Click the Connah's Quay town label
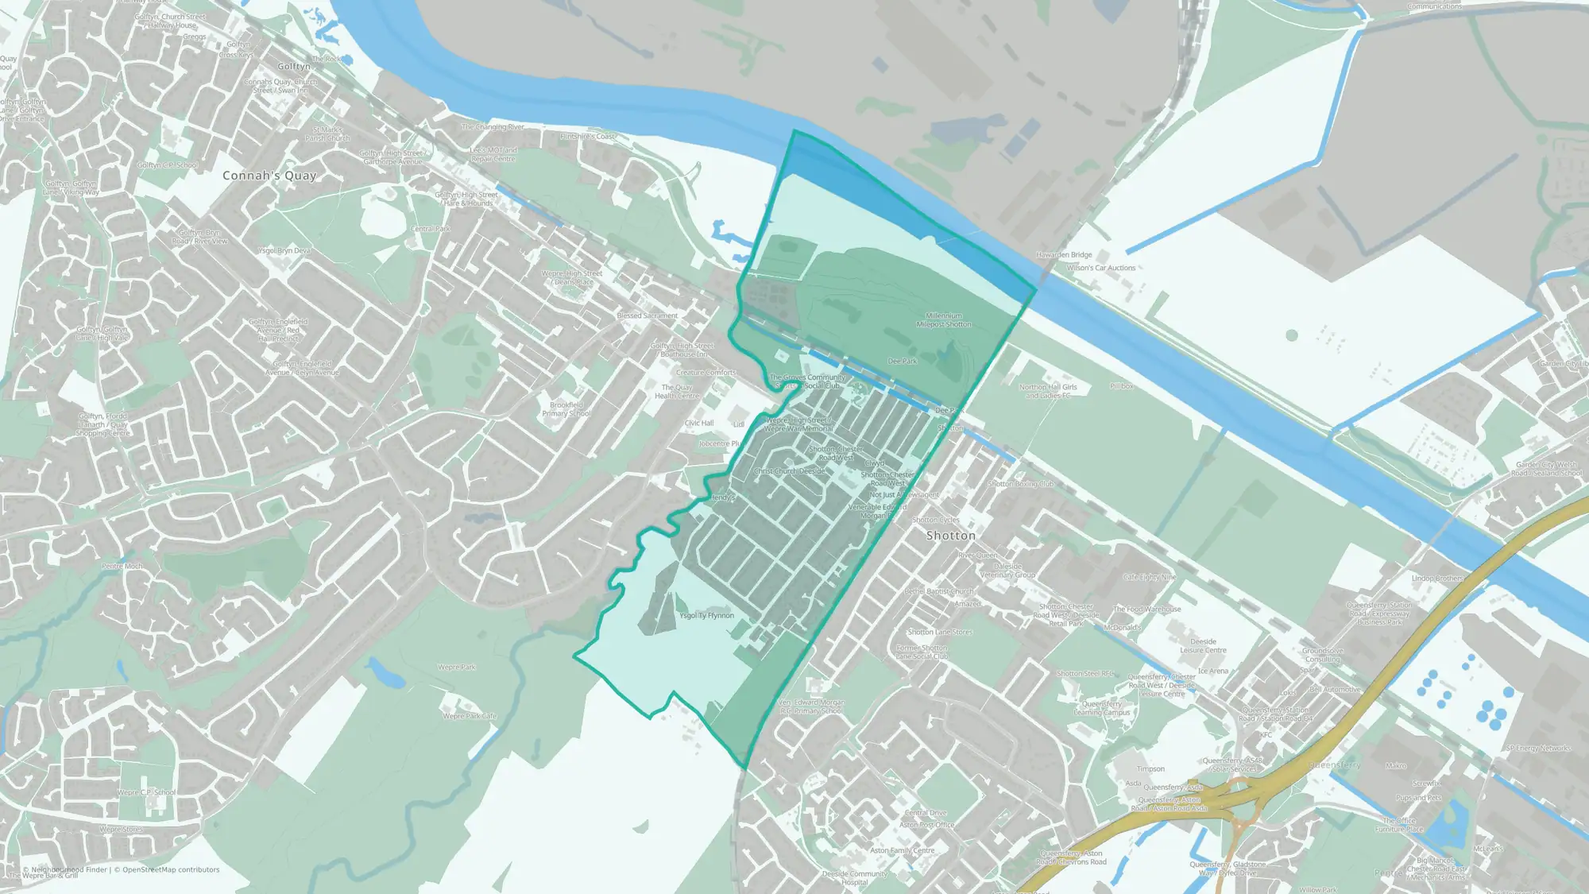click(x=269, y=176)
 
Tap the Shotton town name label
click(x=950, y=536)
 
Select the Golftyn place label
click(x=294, y=67)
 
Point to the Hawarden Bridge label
click(x=1064, y=255)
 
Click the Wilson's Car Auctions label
click(x=1101, y=268)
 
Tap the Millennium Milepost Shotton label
click(x=944, y=319)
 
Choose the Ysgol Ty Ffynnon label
click(x=706, y=615)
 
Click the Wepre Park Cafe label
click(x=470, y=716)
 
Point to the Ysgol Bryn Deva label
click(x=284, y=250)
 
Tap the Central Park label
click(x=431, y=229)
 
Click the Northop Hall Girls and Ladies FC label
click(x=1048, y=391)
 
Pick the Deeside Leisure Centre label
click(x=1203, y=645)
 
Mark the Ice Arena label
click(x=1212, y=671)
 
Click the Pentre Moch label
click(x=122, y=567)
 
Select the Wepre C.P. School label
click(x=147, y=792)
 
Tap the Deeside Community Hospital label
click(x=855, y=877)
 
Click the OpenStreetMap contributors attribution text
click(x=171, y=869)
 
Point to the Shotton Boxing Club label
click(x=1021, y=483)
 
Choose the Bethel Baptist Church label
click(x=939, y=591)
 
